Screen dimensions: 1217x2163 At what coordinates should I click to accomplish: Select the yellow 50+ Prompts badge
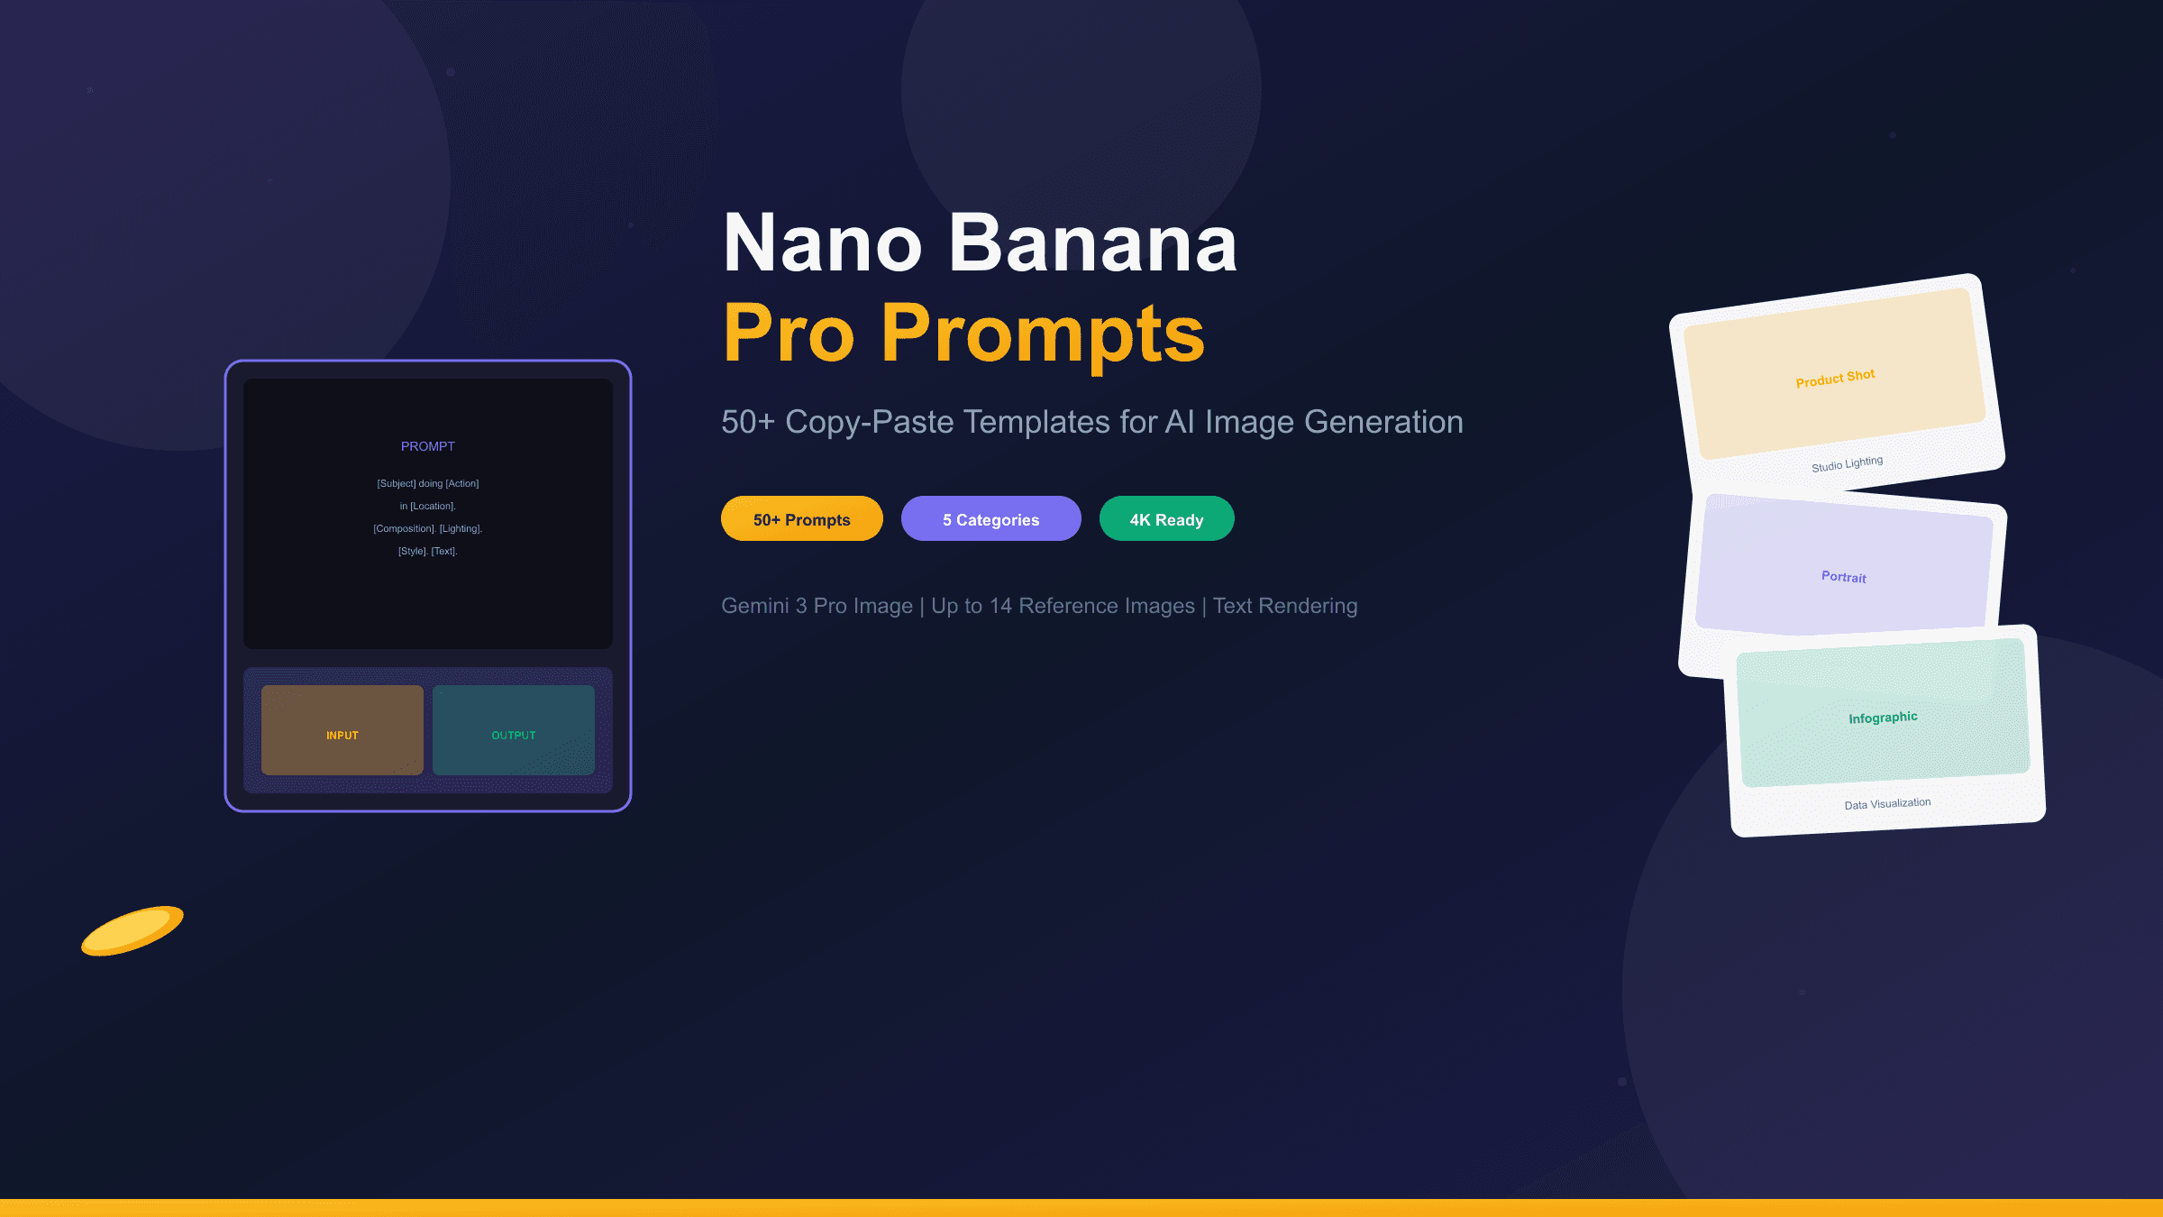click(x=801, y=519)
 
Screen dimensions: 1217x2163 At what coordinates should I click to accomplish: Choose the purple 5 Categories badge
click(x=990, y=519)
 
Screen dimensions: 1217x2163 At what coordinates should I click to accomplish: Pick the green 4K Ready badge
click(x=1166, y=519)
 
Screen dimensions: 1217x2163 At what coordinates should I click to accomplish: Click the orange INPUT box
click(x=342, y=730)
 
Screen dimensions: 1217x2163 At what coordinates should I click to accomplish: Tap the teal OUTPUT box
click(x=513, y=730)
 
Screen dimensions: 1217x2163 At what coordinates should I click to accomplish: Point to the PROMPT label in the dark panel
click(x=428, y=446)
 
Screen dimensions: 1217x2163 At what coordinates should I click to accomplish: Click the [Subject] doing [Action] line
click(x=428, y=484)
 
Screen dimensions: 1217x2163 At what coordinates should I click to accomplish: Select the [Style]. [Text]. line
click(x=428, y=552)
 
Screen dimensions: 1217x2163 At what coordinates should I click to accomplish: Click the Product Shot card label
click(x=1835, y=378)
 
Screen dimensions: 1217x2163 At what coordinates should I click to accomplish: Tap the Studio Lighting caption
click(x=1847, y=464)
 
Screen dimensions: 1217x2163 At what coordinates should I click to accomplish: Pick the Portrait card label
click(x=1843, y=577)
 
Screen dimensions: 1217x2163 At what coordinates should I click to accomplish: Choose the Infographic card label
click(x=1883, y=718)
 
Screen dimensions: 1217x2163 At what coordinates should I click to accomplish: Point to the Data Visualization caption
click(x=1887, y=803)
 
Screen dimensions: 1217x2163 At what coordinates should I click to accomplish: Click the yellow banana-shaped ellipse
click(x=132, y=930)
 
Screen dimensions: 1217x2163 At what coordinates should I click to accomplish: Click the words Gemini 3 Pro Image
click(x=817, y=606)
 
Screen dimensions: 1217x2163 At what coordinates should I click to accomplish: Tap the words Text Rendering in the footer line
click(x=1284, y=606)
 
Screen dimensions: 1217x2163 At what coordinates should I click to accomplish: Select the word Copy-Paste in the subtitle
click(x=869, y=422)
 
